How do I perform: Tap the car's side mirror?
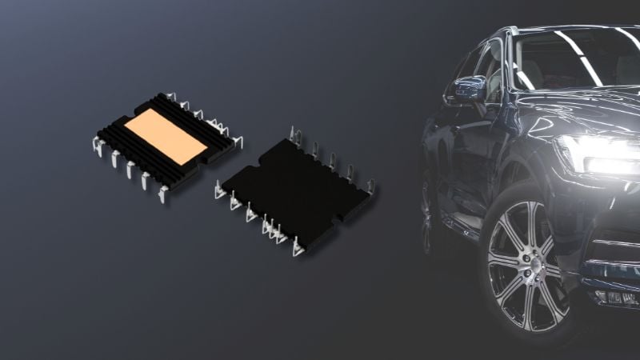pyautogui.click(x=468, y=89)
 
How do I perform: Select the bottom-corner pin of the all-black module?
pyautogui.click(x=298, y=249)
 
